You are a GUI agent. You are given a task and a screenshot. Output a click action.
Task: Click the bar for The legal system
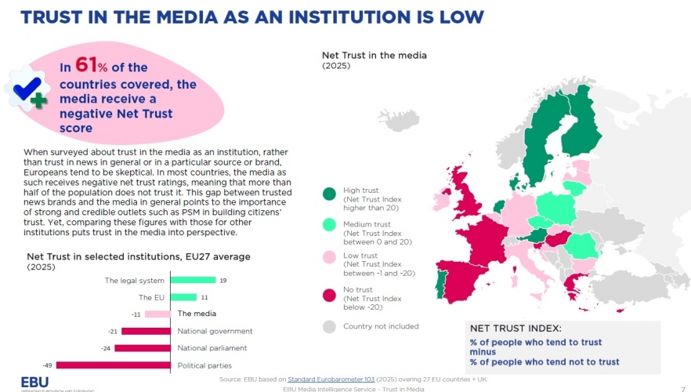(192, 280)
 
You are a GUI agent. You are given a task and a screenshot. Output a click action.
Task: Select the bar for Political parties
(113, 365)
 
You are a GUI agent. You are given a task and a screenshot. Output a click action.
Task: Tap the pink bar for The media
(157, 314)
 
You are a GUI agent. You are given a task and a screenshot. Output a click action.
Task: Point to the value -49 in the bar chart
(48, 365)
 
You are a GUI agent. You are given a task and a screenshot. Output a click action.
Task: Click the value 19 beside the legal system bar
(223, 280)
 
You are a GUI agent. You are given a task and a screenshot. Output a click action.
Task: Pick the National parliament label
(212, 348)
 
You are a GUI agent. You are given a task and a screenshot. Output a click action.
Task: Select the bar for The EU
(183, 297)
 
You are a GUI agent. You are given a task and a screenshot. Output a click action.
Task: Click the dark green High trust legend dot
(329, 194)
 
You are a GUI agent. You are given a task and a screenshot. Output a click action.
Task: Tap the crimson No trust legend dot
(329, 294)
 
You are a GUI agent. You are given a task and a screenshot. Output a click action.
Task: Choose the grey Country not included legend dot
(329, 327)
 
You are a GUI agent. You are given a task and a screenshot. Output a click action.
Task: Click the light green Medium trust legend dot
(329, 227)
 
